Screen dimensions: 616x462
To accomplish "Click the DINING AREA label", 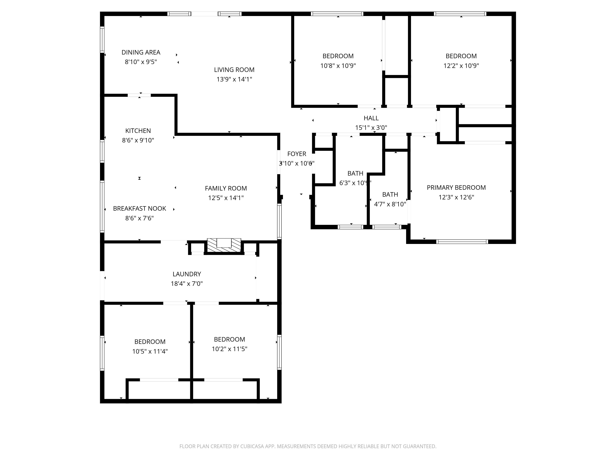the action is pos(141,52).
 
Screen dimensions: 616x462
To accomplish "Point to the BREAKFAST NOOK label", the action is pos(140,209).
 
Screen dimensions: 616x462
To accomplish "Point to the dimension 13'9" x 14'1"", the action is pos(234,79).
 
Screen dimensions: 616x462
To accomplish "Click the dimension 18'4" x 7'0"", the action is pos(187,284).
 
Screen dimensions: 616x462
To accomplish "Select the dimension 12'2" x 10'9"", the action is pos(461,66).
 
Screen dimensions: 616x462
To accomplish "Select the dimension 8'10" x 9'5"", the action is pos(141,62).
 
